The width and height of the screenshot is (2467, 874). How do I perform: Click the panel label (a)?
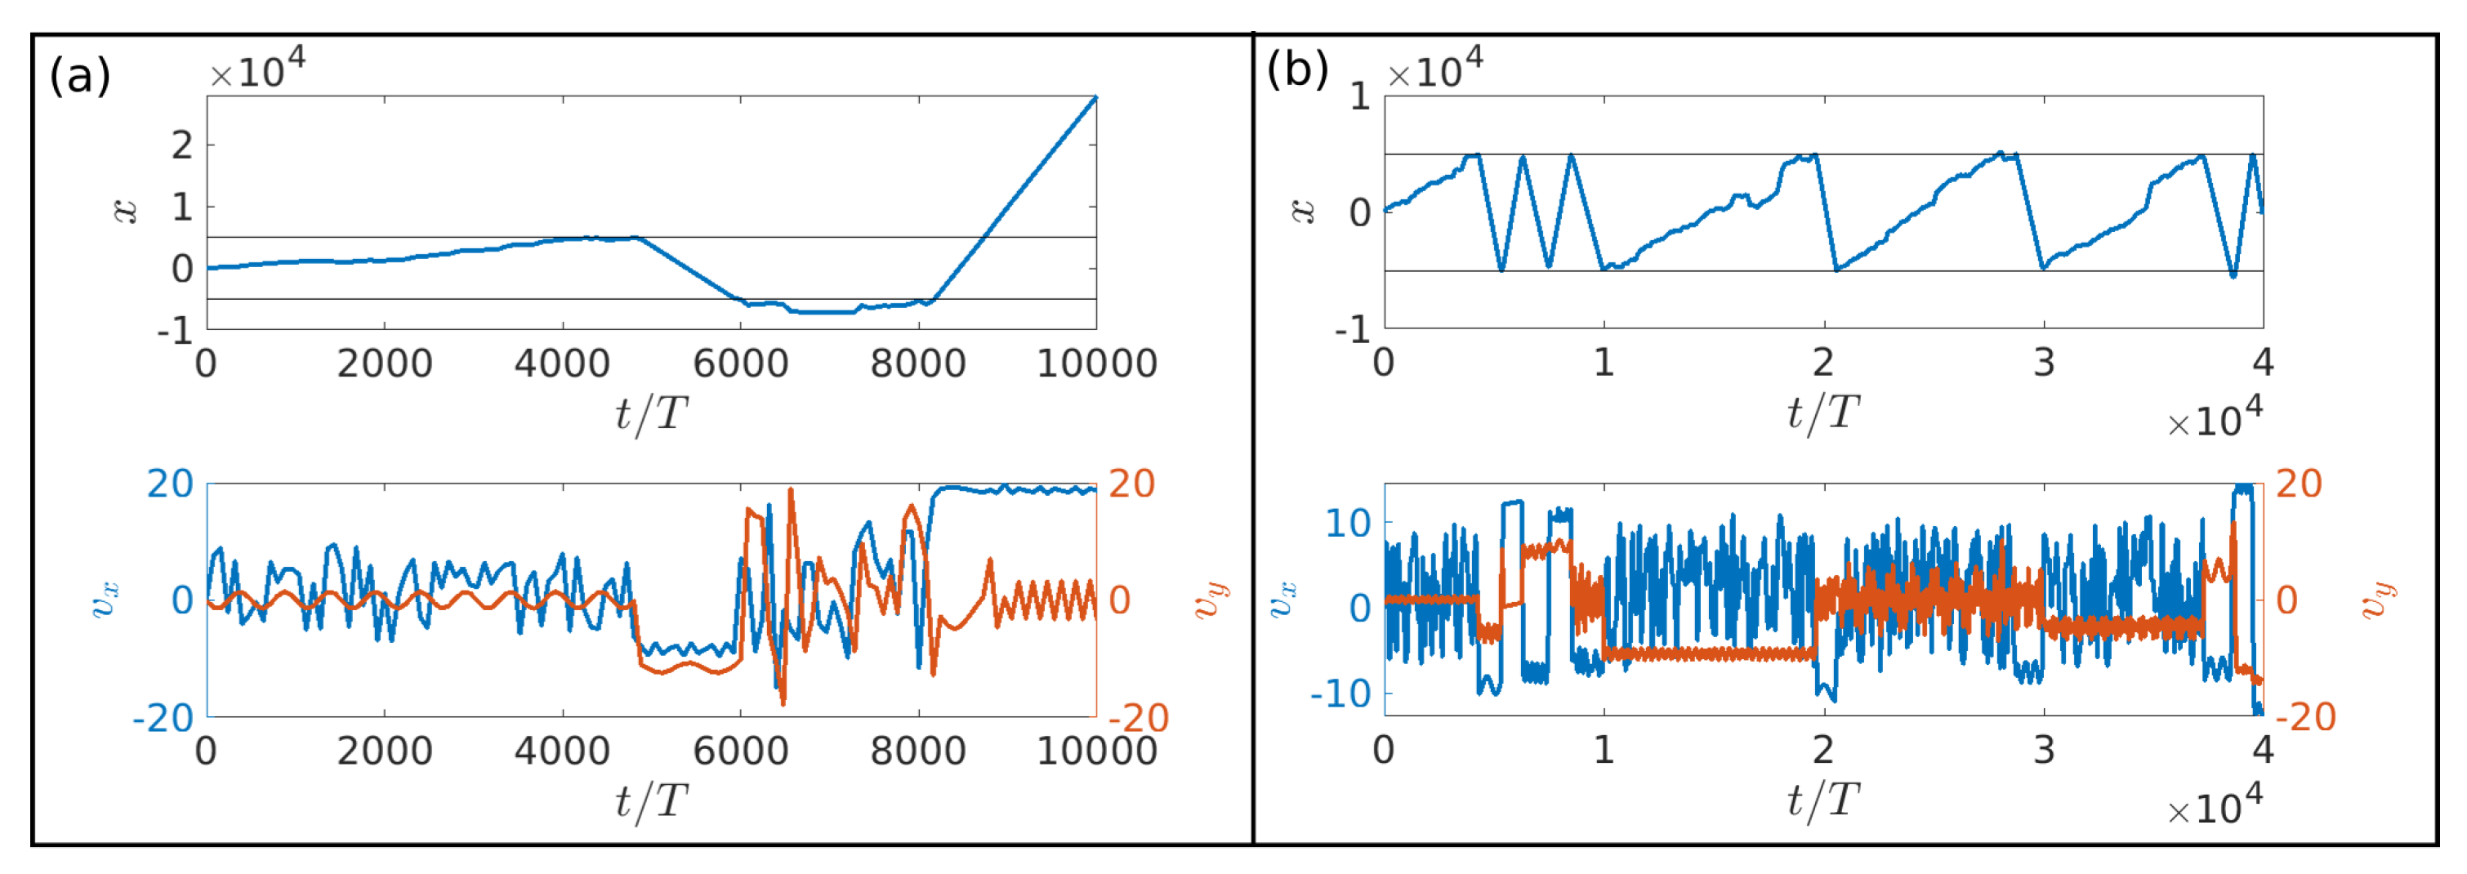pos(79,74)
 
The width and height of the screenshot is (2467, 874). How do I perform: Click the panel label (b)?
pos(1296,69)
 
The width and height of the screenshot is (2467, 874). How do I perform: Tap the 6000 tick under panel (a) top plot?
pos(740,363)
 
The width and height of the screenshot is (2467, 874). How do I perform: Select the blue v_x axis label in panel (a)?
pos(105,600)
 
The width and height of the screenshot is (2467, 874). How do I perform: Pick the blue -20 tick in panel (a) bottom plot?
pos(163,717)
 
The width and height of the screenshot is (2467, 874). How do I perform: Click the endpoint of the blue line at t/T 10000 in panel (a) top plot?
pos(1095,98)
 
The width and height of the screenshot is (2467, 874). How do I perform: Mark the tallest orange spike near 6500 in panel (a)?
pos(790,489)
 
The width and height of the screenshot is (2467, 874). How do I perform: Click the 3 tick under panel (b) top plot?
pos(2044,363)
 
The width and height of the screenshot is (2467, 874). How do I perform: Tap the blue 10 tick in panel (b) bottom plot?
pos(1349,523)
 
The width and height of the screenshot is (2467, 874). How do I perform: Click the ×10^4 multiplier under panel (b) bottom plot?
pos(2214,805)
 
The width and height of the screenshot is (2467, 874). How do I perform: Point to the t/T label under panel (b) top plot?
pos(1822,412)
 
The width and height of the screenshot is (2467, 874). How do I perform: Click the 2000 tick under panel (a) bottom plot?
pos(384,751)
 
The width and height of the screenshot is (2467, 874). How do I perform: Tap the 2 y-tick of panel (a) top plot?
pos(182,145)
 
